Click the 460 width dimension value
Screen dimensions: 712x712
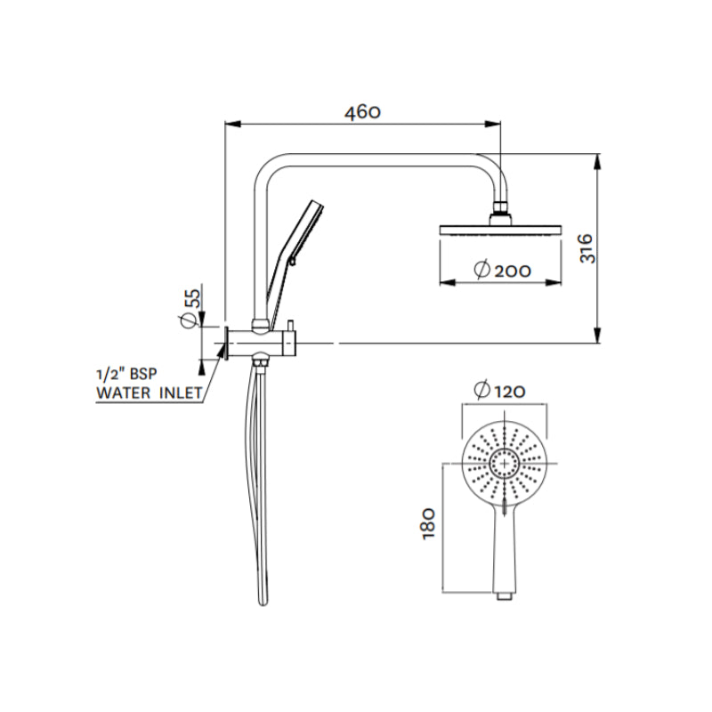click(x=364, y=112)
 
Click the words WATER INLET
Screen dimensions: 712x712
click(x=149, y=392)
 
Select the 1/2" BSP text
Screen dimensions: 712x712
click(x=130, y=374)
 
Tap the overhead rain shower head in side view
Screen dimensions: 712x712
click(x=502, y=231)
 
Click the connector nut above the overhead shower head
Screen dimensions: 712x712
click(x=502, y=214)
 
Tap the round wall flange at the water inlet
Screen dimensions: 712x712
click(x=228, y=343)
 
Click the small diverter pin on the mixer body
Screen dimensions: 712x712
click(x=290, y=323)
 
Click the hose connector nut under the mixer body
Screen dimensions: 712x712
click(x=260, y=359)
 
